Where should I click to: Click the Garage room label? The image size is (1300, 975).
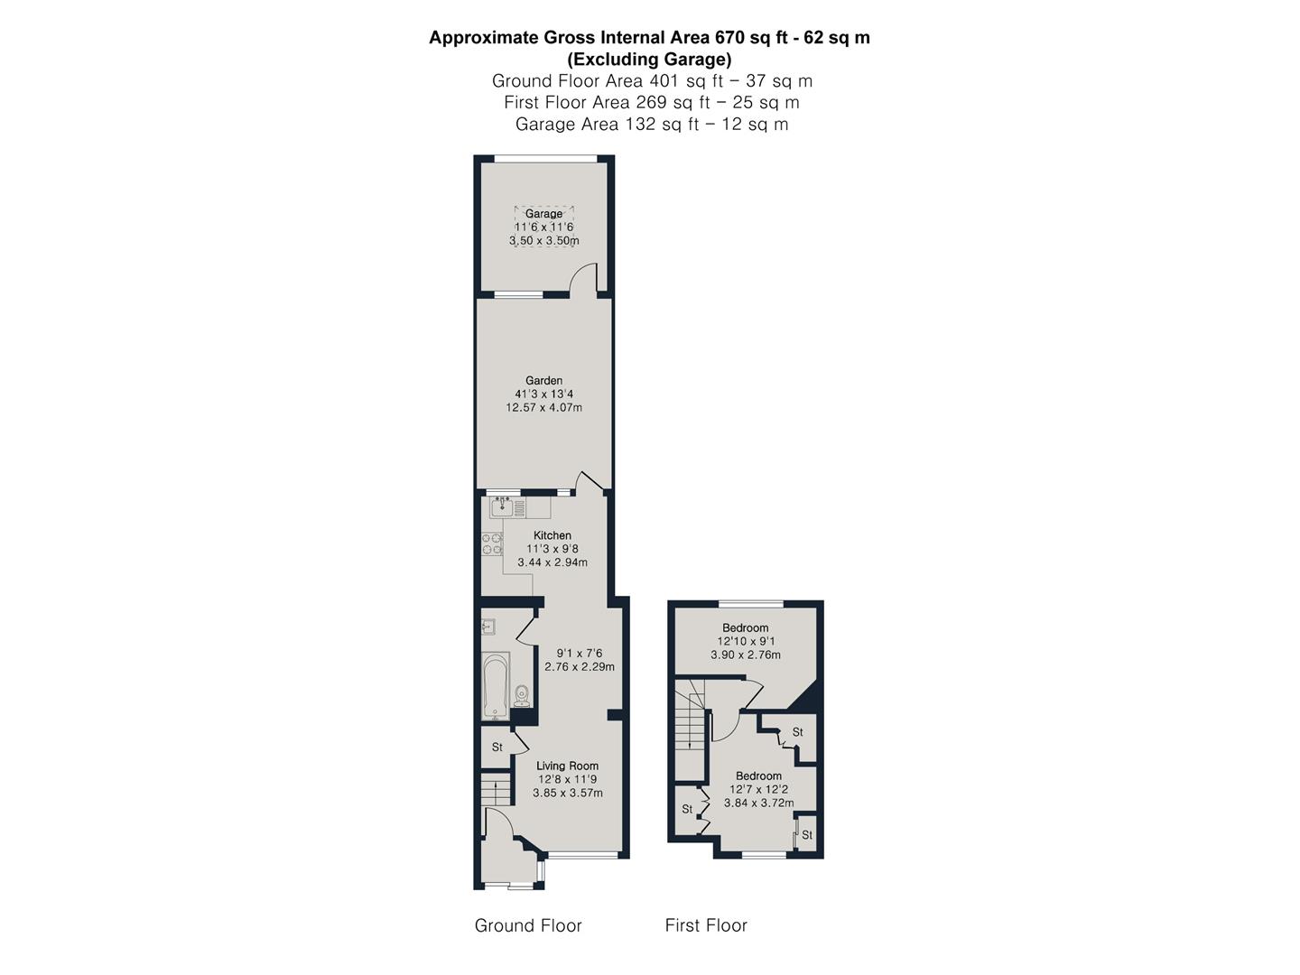[x=544, y=214]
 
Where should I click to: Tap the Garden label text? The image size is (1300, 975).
[x=544, y=381]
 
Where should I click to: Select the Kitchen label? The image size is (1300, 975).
[x=552, y=535]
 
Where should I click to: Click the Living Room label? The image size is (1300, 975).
[x=567, y=766]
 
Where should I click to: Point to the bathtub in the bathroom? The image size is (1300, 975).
[x=496, y=685]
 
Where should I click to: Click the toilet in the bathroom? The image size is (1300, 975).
[x=521, y=695]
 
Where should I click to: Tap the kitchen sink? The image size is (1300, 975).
[x=501, y=508]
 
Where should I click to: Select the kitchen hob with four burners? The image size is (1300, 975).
[x=492, y=543]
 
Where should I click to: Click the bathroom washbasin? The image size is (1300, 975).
[x=488, y=625]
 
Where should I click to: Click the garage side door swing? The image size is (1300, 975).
[x=584, y=276]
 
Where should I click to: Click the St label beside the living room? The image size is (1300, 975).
[x=497, y=747]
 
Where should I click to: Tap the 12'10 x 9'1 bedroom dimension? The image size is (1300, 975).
[x=745, y=641]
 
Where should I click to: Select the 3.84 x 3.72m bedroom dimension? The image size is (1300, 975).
[x=758, y=803]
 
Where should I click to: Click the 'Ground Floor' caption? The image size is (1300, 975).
[x=528, y=925]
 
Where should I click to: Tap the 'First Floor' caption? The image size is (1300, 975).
[x=706, y=925]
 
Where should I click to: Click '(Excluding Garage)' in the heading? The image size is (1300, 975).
[x=649, y=60]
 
